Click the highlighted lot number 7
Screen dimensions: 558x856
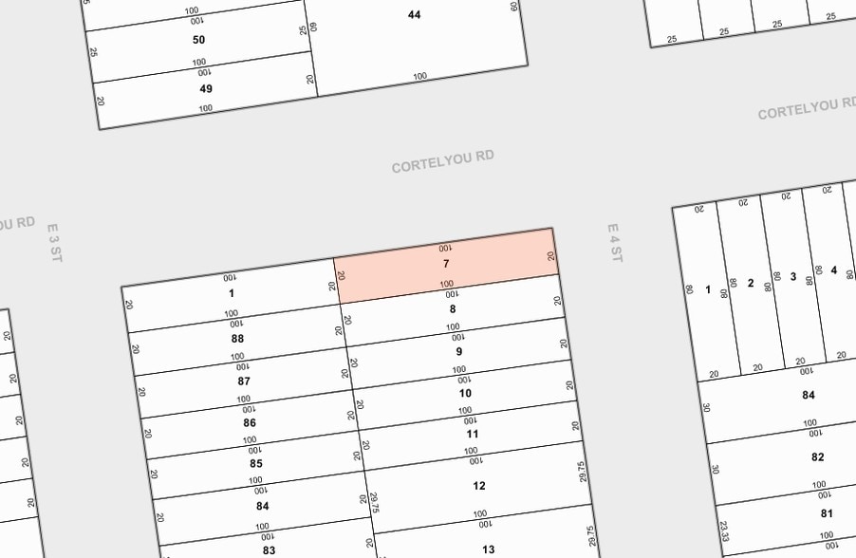click(446, 263)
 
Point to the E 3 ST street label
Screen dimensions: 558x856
click(54, 244)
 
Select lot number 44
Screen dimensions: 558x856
click(414, 14)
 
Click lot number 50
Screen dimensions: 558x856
click(198, 40)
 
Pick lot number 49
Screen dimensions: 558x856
click(206, 89)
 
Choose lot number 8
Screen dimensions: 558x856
click(453, 308)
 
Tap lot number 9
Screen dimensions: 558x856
click(459, 351)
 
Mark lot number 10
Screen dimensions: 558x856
click(465, 393)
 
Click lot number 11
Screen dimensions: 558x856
click(472, 434)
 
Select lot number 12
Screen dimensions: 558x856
click(479, 486)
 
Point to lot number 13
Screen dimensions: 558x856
click(488, 549)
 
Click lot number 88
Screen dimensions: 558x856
click(237, 339)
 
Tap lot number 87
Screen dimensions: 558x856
click(244, 381)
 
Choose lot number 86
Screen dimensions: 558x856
click(250, 423)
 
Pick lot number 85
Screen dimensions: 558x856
click(256, 464)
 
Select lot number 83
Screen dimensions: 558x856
click(269, 550)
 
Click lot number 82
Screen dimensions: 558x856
click(817, 456)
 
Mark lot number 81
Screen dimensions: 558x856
click(826, 514)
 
